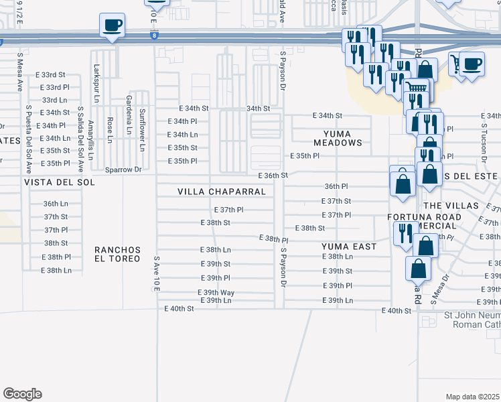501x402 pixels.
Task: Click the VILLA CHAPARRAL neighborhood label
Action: click(221, 192)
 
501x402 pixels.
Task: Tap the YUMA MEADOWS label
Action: click(338, 137)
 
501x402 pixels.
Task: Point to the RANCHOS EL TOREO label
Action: click(117, 254)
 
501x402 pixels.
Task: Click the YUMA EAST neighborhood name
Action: click(348, 246)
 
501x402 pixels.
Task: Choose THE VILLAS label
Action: click(452, 205)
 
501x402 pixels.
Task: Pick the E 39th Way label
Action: click(215, 293)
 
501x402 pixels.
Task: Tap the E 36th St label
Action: click(273, 175)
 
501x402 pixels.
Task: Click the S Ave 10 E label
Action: click(156, 272)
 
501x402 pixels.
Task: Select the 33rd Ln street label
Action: click(54, 99)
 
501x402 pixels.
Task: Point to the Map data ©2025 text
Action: click(472, 397)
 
